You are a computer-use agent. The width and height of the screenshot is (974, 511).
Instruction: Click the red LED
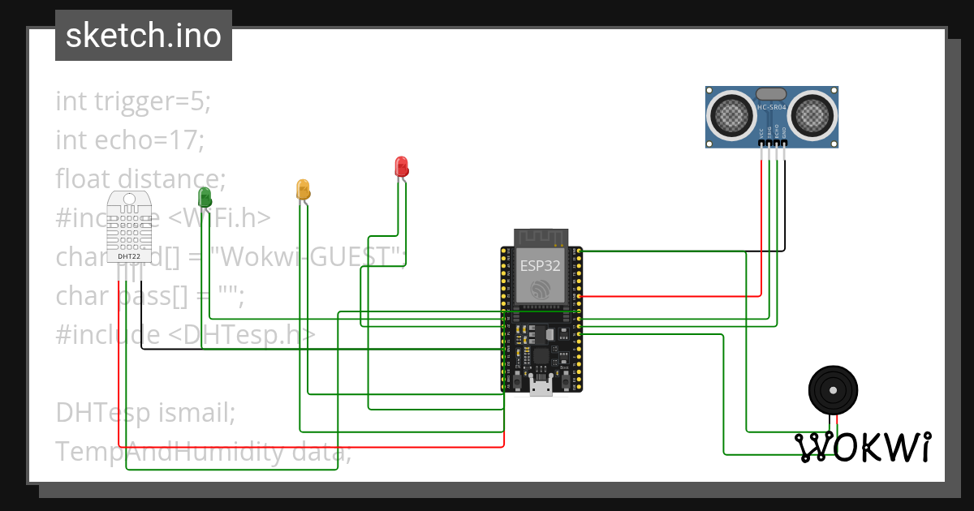coord(401,166)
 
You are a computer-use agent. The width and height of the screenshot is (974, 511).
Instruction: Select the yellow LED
coord(303,190)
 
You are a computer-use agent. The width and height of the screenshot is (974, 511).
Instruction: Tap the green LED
coord(205,196)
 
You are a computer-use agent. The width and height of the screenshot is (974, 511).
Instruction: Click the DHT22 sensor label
coord(129,256)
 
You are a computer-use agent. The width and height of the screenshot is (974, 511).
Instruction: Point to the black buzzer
coord(833,390)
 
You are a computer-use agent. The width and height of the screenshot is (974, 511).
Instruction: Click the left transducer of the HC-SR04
coord(733,114)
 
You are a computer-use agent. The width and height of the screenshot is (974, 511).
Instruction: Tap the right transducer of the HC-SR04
coord(812,114)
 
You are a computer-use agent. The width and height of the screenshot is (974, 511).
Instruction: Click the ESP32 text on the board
coord(539,264)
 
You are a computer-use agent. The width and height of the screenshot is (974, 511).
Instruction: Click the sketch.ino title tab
coord(144,36)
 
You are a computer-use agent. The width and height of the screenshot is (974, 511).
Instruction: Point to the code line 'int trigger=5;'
coord(133,101)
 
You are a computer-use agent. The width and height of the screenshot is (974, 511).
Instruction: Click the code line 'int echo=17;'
coord(130,140)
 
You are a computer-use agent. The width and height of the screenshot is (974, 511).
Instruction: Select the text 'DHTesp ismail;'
coord(145,412)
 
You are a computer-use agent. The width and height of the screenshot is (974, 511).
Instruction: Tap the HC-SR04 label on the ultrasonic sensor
coord(771,107)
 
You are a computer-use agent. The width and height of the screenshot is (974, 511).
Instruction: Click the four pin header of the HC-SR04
coord(772,144)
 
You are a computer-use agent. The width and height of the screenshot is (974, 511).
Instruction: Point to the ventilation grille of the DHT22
coord(129,230)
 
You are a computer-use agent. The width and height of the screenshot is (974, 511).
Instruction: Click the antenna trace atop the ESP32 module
coord(540,238)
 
